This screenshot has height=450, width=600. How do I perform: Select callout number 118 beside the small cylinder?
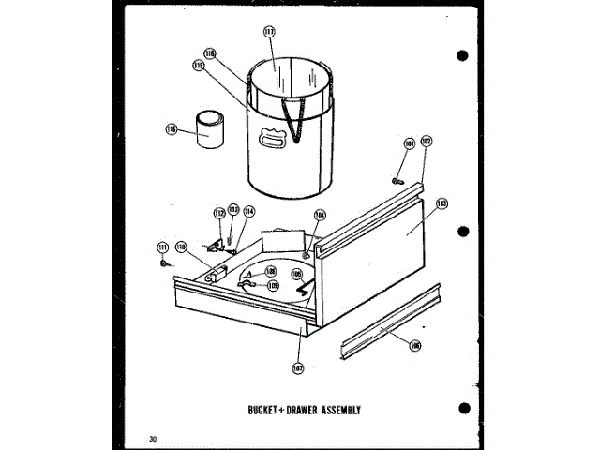tap(172, 129)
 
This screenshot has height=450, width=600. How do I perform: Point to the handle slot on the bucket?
tap(274, 140)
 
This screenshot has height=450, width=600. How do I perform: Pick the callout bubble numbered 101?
tap(409, 143)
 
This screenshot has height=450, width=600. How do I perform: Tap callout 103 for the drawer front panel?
tap(442, 202)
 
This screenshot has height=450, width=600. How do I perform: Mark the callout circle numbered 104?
tap(319, 215)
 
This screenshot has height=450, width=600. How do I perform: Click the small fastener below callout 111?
tap(166, 263)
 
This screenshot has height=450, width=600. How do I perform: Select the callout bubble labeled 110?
tap(181, 247)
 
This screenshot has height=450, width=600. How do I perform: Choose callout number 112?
tap(218, 213)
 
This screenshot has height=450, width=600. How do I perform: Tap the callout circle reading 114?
tap(248, 212)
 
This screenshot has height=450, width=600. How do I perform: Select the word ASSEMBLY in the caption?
tap(334, 410)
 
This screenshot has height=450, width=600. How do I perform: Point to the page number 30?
tap(152, 438)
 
